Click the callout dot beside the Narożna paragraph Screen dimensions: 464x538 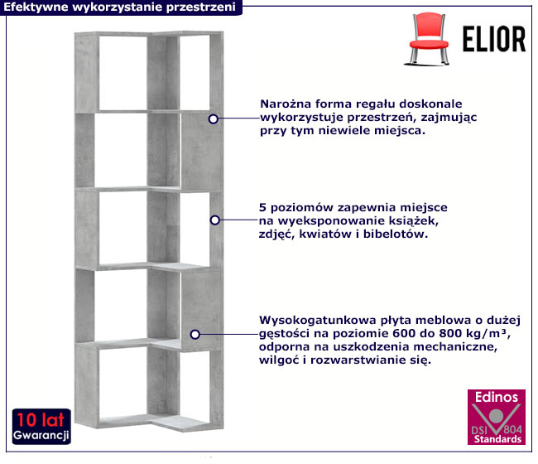(214, 118)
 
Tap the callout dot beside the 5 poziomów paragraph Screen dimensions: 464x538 (215, 220)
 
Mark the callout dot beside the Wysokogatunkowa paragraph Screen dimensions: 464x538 (195, 335)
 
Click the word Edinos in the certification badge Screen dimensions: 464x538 (497, 398)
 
